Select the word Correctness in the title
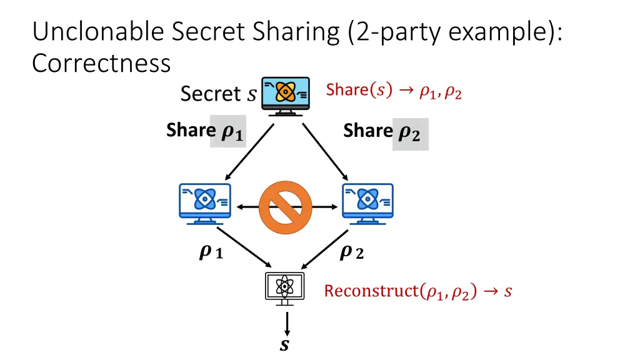pyautogui.click(x=101, y=64)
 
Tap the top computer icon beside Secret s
pyautogui.click(x=285, y=96)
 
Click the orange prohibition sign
pyautogui.click(x=286, y=208)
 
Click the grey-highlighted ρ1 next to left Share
pyautogui.click(x=228, y=131)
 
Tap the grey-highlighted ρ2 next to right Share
pyautogui.click(x=411, y=134)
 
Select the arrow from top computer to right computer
pyautogui.click(x=326, y=152)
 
